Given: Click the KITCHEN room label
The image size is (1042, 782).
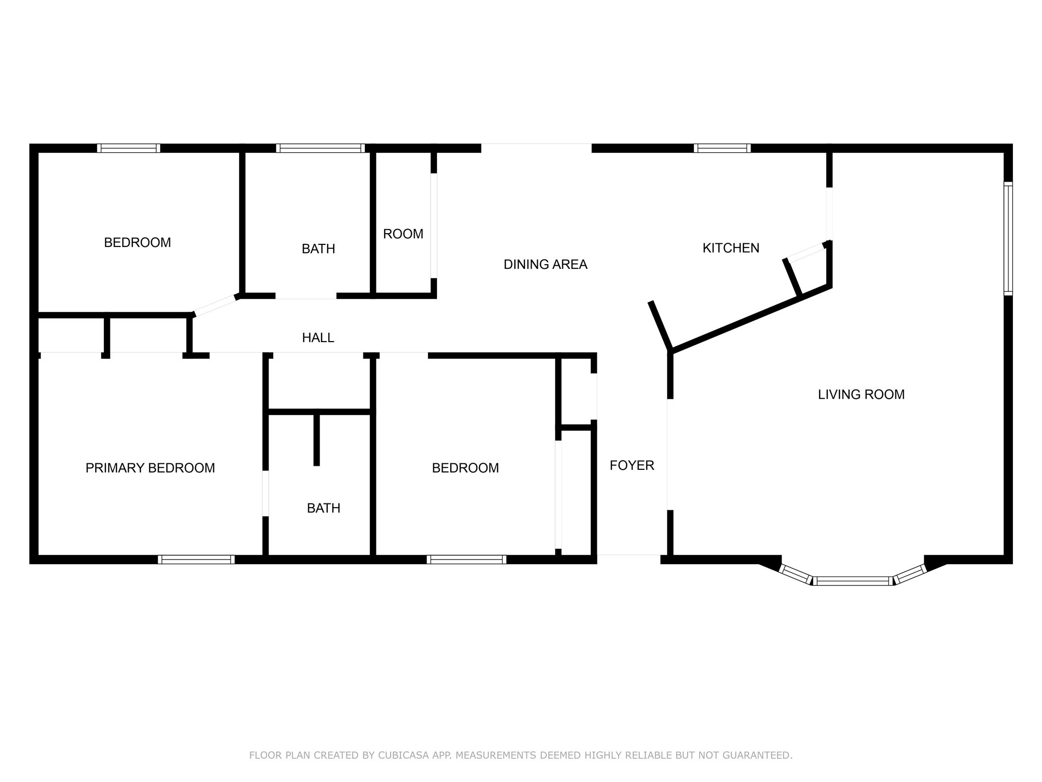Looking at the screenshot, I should (731, 248).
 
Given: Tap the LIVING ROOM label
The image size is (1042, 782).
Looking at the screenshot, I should (861, 395).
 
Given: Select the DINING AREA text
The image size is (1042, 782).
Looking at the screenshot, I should (545, 264).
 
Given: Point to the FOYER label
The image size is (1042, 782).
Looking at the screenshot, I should (631, 465).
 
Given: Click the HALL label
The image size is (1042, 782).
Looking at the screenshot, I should (318, 338).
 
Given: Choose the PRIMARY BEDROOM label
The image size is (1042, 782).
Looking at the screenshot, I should (150, 468).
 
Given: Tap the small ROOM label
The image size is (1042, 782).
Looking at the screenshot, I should (403, 234).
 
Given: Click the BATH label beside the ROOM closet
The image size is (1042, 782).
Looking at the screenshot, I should (319, 249).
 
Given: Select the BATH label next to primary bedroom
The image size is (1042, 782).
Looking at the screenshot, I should (324, 508).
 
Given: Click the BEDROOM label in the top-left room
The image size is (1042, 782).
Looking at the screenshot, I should (137, 243).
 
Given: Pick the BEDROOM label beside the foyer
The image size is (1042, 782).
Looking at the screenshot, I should (465, 468).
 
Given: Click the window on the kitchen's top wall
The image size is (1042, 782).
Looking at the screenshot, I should (722, 148).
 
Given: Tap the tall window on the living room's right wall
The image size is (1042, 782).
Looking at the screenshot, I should (1008, 238).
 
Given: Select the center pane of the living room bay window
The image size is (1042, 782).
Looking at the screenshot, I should (852, 581).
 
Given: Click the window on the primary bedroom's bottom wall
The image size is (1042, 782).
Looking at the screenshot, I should (196, 560).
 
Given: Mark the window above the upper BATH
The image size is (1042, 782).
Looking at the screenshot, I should (321, 148).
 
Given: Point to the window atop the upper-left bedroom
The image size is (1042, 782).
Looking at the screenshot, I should (129, 148).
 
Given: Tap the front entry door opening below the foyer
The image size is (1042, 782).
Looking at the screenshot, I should (628, 555).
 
